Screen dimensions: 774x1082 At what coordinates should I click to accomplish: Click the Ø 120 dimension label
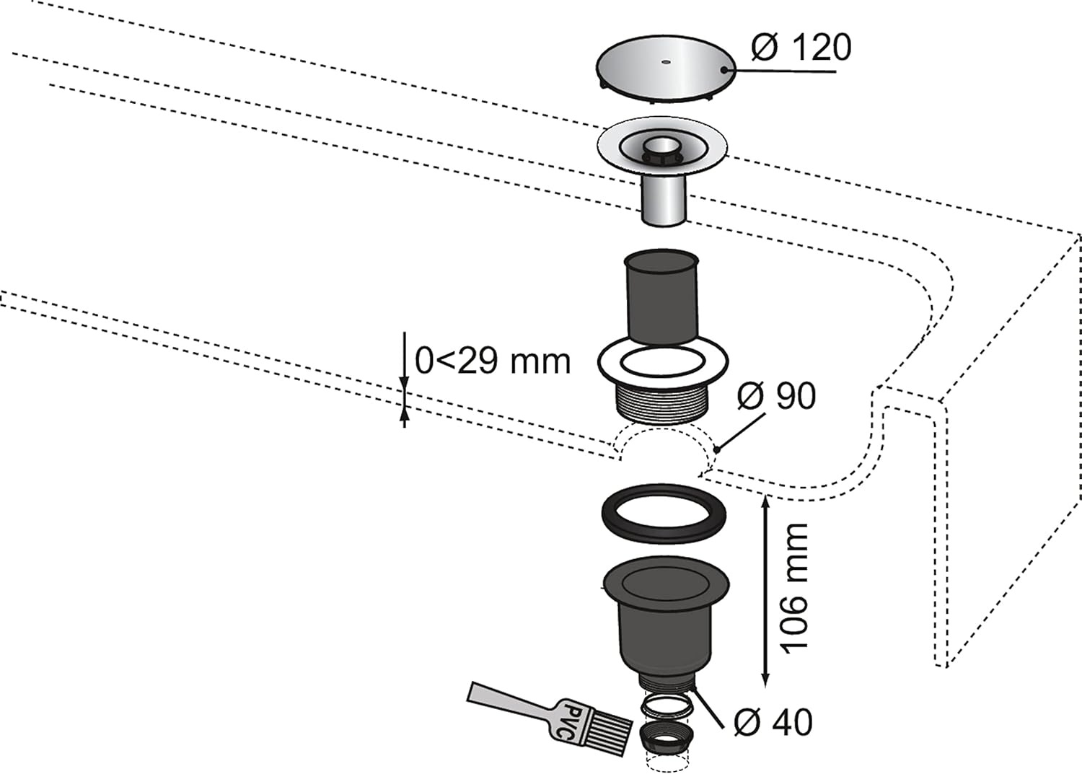[x=801, y=48]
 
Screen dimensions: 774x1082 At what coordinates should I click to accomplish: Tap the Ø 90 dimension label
[x=776, y=395]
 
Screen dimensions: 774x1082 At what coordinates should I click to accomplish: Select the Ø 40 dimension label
[x=773, y=722]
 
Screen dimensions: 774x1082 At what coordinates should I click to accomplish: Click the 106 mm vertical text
[x=796, y=587]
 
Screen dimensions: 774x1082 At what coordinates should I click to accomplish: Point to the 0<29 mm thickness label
[x=493, y=360]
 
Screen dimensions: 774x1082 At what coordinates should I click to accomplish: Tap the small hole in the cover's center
[x=664, y=62]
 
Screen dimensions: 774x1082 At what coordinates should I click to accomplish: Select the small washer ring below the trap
[x=667, y=705]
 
